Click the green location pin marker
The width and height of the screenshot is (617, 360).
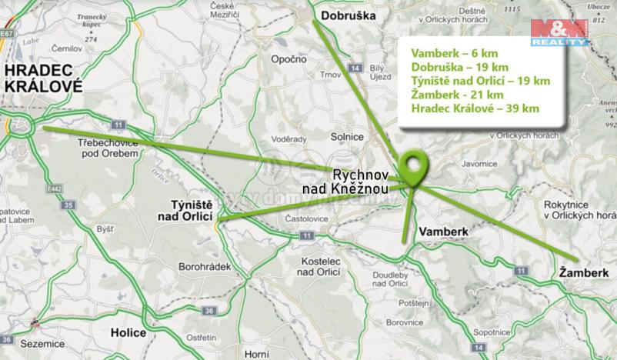415,168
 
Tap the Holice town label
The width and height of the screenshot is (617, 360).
128,333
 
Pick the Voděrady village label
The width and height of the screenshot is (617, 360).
290,139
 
